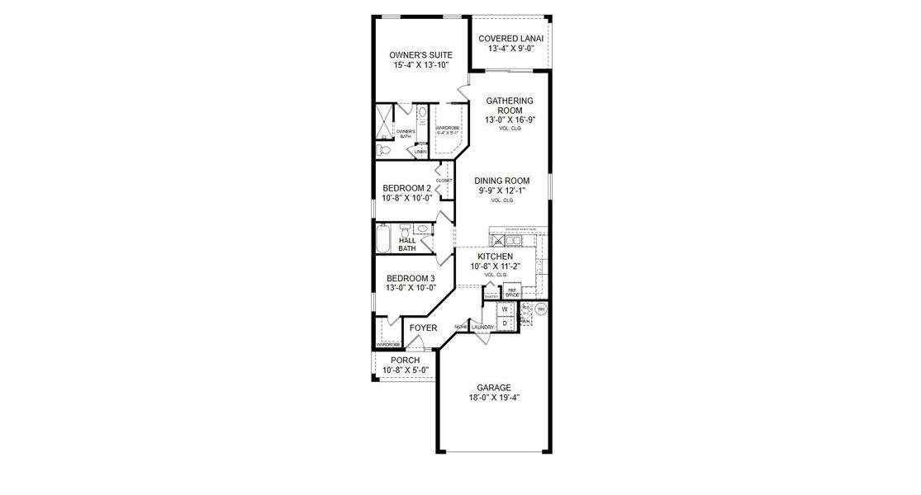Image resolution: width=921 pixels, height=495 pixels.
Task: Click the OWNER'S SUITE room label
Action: (420, 55)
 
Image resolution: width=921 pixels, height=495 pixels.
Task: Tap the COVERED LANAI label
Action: (510, 39)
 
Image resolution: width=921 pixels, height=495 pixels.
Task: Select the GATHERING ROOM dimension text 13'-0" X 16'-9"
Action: (510, 120)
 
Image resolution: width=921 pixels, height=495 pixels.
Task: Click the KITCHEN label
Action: (495, 257)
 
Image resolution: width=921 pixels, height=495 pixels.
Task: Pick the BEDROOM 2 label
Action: (406, 188)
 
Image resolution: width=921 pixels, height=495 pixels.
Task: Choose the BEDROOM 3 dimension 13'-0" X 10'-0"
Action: (411, 288)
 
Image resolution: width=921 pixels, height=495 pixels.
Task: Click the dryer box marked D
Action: (504, 323)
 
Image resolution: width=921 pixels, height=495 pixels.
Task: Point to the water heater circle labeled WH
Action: (541, 309)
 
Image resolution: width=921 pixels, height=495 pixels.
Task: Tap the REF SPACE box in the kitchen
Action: (511, 292)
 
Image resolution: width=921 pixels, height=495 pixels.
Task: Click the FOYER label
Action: (423, 328)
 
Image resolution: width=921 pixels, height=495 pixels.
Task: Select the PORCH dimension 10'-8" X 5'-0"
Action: (406, 370)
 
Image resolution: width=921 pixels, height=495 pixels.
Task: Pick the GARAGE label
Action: (494, 387)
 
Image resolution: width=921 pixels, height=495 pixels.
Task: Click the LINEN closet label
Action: (420, 152)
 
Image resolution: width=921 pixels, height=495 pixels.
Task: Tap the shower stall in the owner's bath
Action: (385, 123)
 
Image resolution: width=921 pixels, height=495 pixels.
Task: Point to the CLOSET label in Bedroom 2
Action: (444, 180)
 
